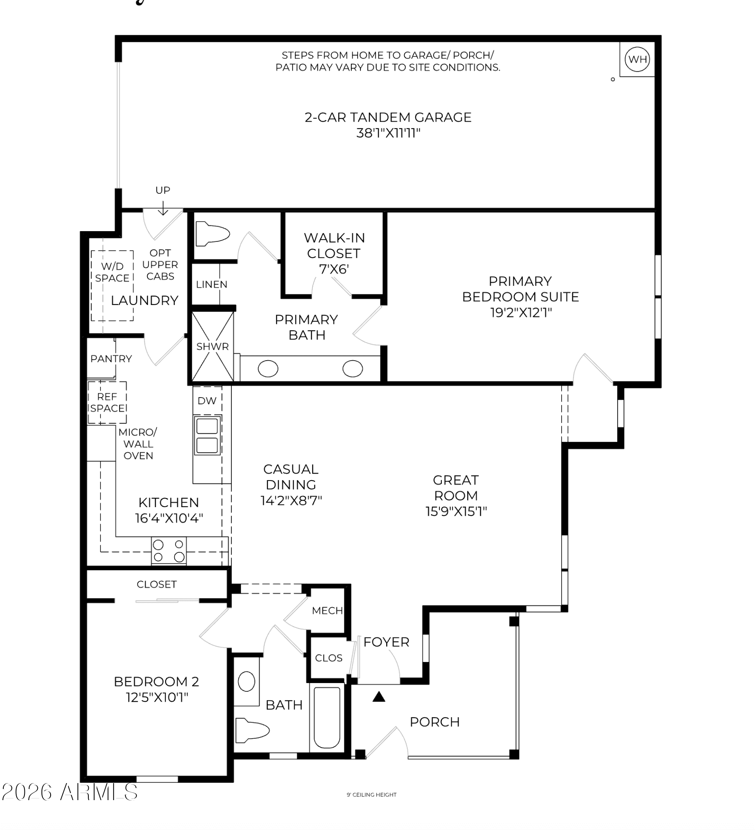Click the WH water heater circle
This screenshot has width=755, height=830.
tap(637, 59)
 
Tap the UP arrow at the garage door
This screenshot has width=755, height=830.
tap(163, 208)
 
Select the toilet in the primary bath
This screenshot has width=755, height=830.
tap(212, 234)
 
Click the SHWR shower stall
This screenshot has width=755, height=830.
tap(212, 346)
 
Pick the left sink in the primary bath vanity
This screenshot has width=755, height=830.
tap(268, 369)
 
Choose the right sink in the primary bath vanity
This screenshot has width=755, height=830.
tap(353, 369)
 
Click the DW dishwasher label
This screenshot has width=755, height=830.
tap(207, 401)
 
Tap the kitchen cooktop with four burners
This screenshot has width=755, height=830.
tap(169, 551)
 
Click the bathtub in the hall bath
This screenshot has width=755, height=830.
tap(327, 718)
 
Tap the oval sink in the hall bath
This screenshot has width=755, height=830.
tap(246, 682)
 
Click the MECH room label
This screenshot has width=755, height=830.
tap(327, 610)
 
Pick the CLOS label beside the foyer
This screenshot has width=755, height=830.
tap(329, 658)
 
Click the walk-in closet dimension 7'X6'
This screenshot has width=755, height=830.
tap(334, 269)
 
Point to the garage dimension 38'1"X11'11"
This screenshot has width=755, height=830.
tap(388, 133)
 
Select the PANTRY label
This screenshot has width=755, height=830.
tap(111, 359)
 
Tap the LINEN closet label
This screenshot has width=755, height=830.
tap(212, 284)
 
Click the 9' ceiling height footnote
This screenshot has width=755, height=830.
tap(372, 795)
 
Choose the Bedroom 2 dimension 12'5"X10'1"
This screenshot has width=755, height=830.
tap(157, 698)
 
